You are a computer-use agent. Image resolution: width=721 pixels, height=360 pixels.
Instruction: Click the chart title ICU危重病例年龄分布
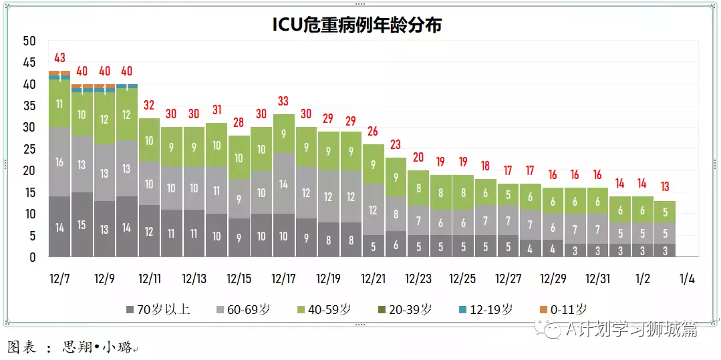[x=357, y=25]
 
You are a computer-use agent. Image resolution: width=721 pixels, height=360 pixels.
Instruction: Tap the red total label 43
[x=59, y=58]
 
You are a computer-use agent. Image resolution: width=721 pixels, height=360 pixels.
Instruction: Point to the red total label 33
[x=283, y=101]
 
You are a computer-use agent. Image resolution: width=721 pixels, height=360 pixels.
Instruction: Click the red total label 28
[x=239, y=123]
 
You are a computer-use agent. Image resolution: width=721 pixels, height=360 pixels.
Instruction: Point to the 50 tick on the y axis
[x=29, y=41]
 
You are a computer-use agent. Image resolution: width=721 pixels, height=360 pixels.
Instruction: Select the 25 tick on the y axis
[x=29, y=149]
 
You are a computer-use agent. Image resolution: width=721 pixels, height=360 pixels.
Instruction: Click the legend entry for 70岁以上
[x=158, y=309]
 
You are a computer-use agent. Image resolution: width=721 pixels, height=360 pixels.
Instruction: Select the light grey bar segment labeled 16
[x=59, y=162]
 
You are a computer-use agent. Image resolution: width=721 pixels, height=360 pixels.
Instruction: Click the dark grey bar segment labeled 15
[x=82, y=224]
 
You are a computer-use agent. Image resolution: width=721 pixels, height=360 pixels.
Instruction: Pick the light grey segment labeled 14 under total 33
[x=283, y=183]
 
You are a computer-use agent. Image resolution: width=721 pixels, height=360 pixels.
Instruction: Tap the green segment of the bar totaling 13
[x=665, y=212]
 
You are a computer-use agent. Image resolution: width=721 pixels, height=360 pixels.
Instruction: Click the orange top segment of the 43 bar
[x=59, y=73]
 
